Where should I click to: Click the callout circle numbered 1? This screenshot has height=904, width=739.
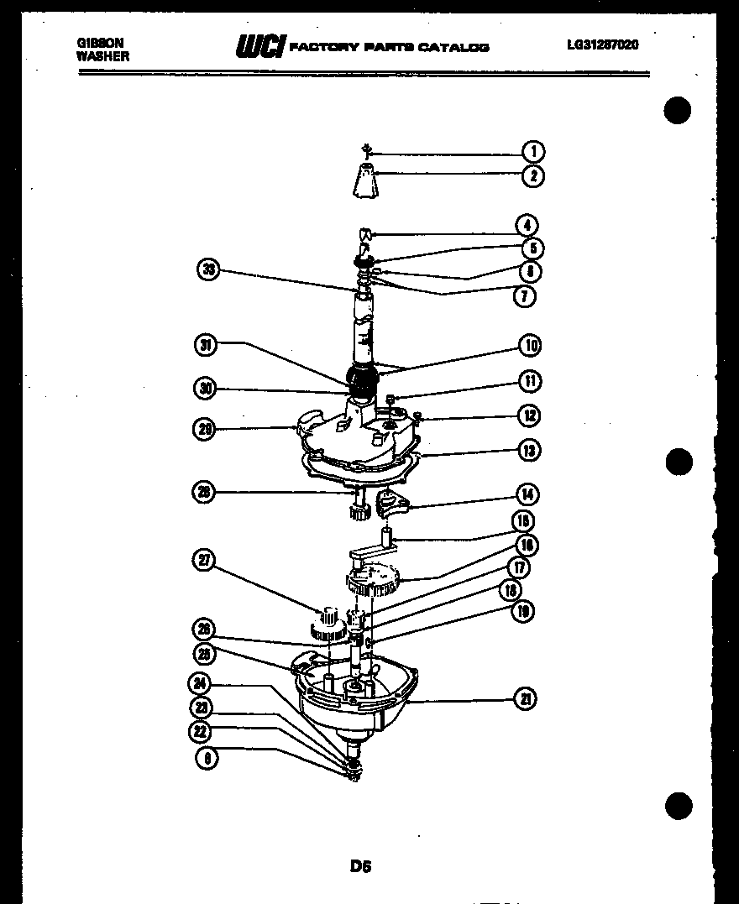532,152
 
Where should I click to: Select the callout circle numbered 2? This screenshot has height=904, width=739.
532,176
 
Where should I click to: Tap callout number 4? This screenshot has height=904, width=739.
527,225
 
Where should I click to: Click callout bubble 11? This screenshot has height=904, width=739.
529,381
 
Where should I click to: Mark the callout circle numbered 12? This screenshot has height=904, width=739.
528,415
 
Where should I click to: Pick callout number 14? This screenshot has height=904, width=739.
527,494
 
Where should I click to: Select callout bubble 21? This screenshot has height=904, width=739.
525,698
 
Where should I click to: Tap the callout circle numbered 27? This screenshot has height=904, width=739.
204,562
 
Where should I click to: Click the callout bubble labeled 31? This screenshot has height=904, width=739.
204,345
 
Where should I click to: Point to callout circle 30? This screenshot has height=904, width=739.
204,389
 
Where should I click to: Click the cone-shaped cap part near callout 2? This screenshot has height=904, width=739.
364,180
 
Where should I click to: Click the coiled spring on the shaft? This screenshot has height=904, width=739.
361,381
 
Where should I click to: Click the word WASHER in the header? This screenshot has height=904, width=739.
102,57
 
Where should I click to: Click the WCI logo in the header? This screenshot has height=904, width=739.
261,46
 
